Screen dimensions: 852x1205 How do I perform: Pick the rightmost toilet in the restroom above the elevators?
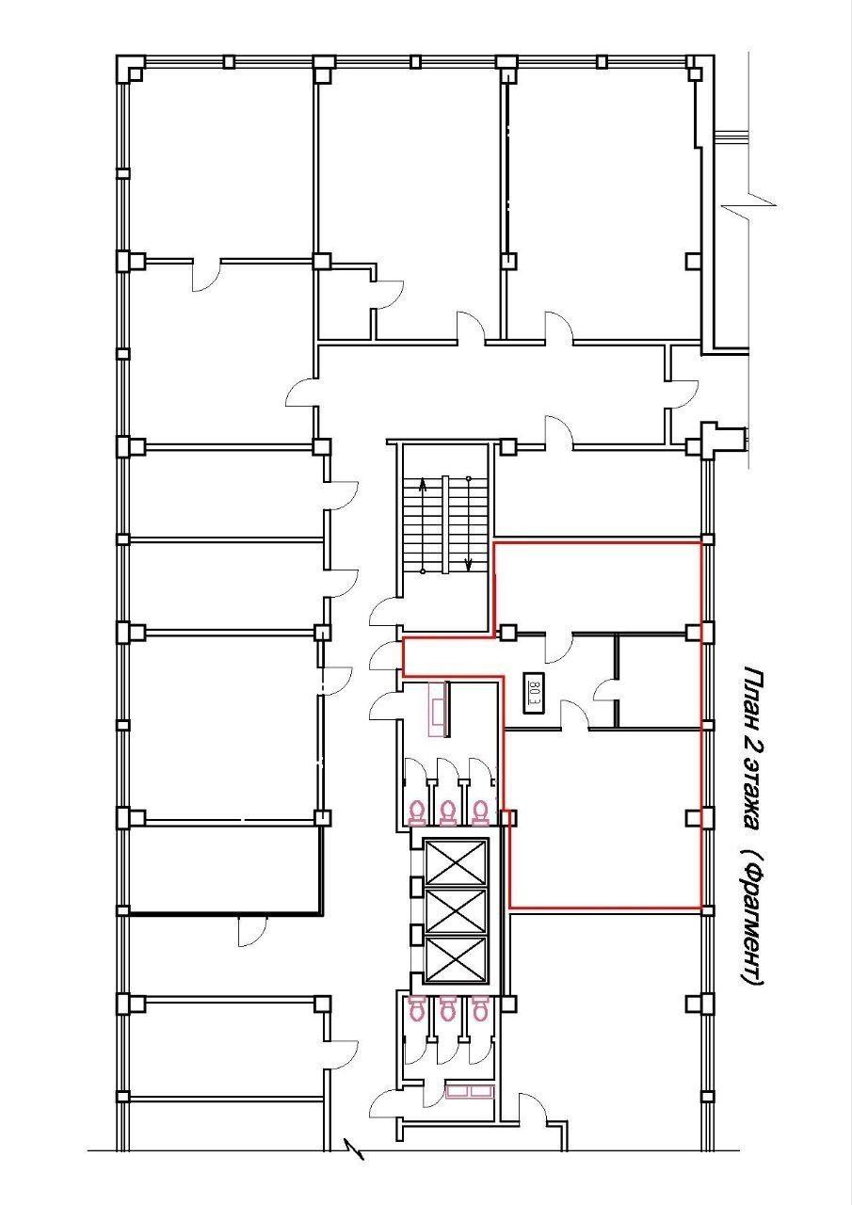[480, 812]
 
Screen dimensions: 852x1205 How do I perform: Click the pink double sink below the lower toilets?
[470, 1091]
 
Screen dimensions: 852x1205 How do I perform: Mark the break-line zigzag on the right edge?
[749, 205]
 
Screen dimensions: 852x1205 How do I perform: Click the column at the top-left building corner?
[130, 68]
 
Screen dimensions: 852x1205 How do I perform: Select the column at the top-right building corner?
[696, 68]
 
